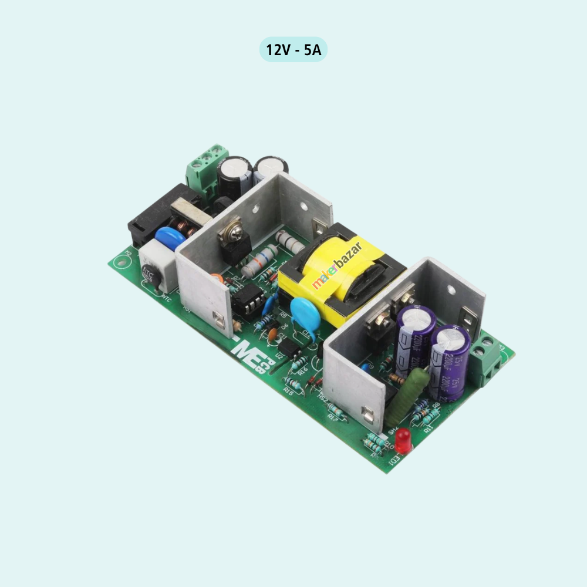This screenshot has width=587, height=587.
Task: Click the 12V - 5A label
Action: (293, 50)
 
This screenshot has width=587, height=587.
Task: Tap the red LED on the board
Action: (403, 438)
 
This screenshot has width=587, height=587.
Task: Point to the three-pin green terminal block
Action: (207, 168)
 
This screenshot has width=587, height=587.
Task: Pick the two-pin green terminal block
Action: (485, 360)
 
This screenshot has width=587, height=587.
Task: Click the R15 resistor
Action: (293, 384)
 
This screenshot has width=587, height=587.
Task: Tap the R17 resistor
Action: (336, 409)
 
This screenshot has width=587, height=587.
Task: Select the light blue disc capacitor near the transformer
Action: (305, 314)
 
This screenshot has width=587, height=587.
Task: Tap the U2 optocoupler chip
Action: (290, 349)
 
